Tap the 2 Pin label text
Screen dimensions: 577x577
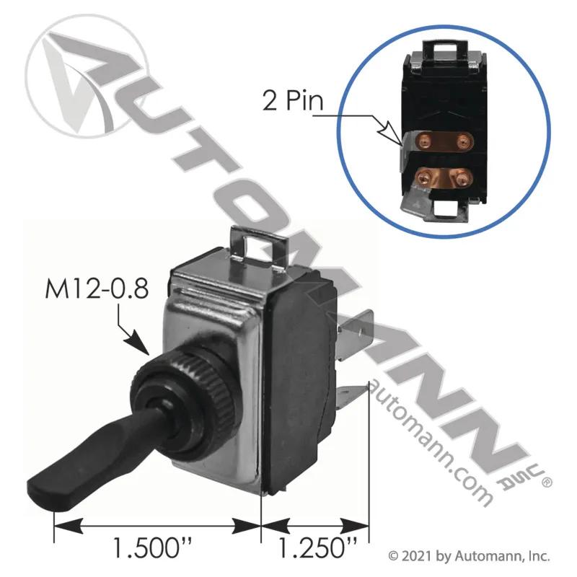tap(293, 100)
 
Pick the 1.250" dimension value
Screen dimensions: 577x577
tap(317, 548)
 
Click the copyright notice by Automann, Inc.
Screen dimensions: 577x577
tap(470, 556)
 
